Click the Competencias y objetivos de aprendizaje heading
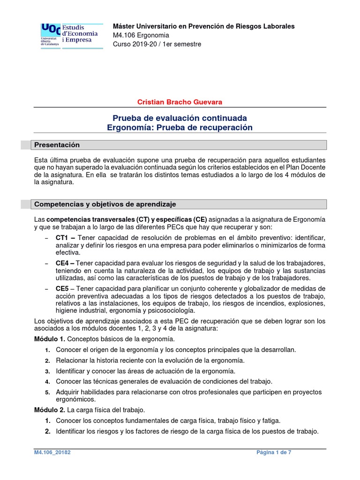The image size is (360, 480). coord(105,204)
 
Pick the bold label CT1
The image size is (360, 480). coord(62,238)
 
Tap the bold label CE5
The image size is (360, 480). coord(62,288)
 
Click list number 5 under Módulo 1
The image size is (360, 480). coord(47,392)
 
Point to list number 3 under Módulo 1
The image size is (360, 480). coord(47,371)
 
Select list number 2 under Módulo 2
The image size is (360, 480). coord(47,431)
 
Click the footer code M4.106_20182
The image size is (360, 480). coord(52,452)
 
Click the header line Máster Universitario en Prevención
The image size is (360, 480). coord(204,26)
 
